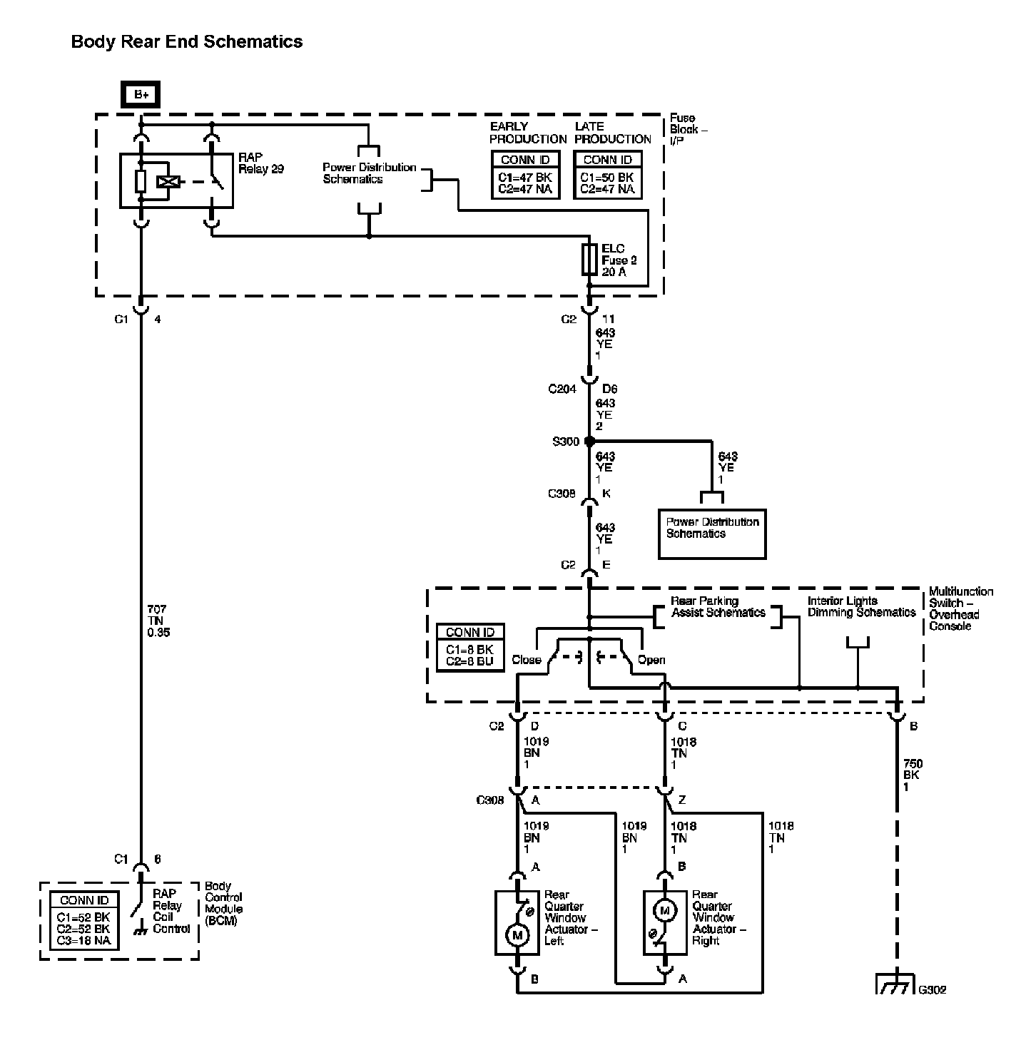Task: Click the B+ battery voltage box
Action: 141,94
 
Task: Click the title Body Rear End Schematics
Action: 187,41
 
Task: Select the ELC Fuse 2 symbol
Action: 589,260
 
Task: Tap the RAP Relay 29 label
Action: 261,163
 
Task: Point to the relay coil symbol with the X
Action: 168,182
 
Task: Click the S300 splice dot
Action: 590,442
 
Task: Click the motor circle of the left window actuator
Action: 517,935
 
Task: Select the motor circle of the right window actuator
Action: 665,911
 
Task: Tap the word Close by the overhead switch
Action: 526,660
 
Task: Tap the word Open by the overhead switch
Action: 651,660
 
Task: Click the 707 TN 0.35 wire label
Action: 158,621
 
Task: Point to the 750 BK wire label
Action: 913,775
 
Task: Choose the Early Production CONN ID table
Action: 526,175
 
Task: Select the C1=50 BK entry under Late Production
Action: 606,177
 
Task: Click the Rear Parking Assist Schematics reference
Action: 718,606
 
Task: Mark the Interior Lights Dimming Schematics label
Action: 861,606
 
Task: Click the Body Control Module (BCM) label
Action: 223,903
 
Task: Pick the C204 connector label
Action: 562,389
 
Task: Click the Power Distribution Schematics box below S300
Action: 711,534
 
